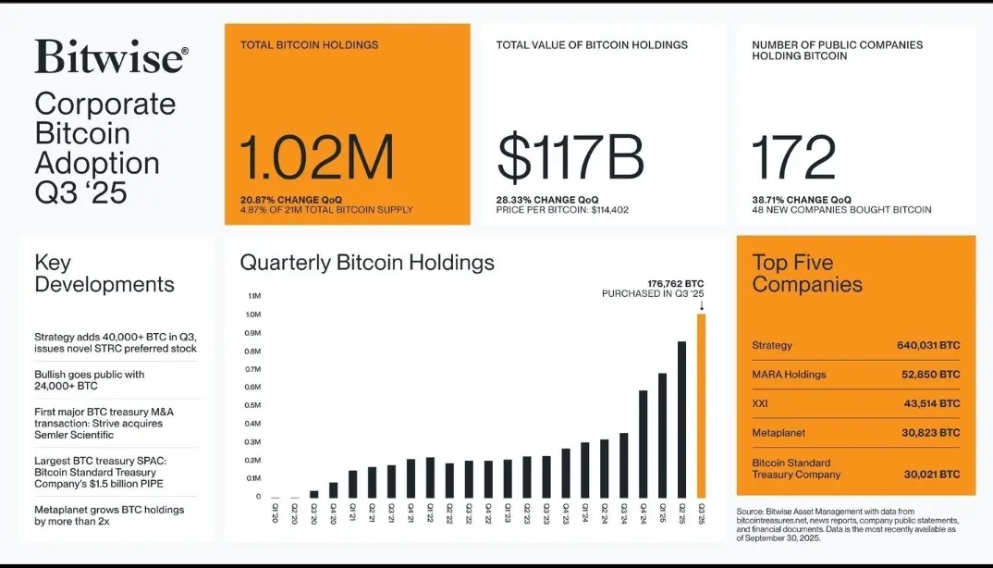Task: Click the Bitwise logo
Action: tap(111, 57)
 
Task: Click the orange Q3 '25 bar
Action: tap(701, 406)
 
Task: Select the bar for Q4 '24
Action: tap(643, 444)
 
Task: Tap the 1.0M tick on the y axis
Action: tap(253, 315)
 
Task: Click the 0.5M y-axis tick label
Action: tap(253, 405)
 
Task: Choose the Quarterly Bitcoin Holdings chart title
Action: tap(367, 263)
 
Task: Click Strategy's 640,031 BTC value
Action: tap(928, 345)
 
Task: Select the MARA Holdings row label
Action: tap(789, 375)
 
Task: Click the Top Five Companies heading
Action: tap(807, 274)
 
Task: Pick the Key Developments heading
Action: tap(104, 274)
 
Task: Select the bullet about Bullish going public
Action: tap(89, 380)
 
